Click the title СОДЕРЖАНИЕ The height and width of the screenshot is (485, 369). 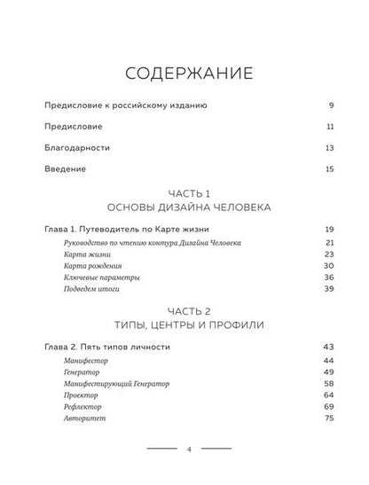click(184, 70)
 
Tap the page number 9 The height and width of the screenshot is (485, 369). click(329, 106)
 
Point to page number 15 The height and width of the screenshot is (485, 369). click(328, 168)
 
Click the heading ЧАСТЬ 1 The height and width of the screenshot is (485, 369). click(184, 192)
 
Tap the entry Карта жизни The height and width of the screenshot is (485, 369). click(87, 254)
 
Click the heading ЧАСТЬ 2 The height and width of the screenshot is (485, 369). click(184, 311)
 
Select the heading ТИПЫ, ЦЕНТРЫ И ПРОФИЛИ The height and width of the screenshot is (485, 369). click(184, 325)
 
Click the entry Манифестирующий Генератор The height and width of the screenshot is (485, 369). click(117, 384)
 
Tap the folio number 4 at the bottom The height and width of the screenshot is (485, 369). click(184, 450)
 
